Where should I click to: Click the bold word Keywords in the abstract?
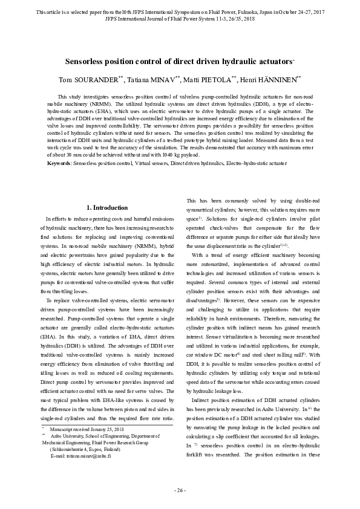coord(59,164)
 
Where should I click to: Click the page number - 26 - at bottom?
coord(180,490)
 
